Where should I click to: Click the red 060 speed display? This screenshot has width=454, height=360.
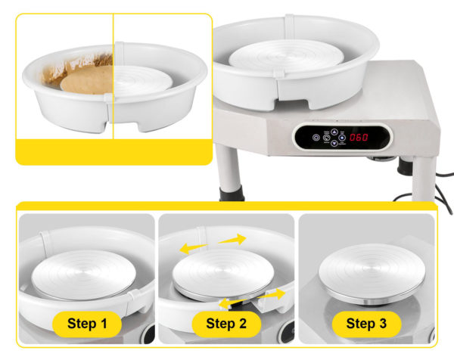pyautogui.click(x=359, y=137)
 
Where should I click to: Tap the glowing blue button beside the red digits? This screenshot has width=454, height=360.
pyautogui.click(x=342, y=138)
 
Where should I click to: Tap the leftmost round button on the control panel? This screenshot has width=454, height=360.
pyautogui.click(x=316, y=138)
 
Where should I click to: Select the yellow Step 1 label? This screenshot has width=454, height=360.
pyautogui.click(x=87, y=324)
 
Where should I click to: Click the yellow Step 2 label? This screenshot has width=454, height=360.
pyautogui.click(x=226, y=324)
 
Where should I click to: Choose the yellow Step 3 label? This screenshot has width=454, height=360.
pyautogui.click(x=366, y=324)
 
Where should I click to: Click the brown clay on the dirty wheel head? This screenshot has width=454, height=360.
pyautogui.click(x=87, y=80)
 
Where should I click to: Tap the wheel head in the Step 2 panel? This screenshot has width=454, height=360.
pyautogui.click(x=223, y=274)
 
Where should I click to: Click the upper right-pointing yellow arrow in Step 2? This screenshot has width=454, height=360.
pyautogui.click(x=232, y=239)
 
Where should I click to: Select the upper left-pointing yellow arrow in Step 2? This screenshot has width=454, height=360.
pyautogui.click(x=193, y=248)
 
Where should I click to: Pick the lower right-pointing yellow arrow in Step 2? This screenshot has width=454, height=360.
pyautogui.click(x=272, y=294)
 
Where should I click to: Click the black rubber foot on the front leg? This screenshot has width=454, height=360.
pyautogui.click(x=231, y=194)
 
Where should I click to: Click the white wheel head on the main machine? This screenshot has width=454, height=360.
pyautogui.click(x=286, y=56)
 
